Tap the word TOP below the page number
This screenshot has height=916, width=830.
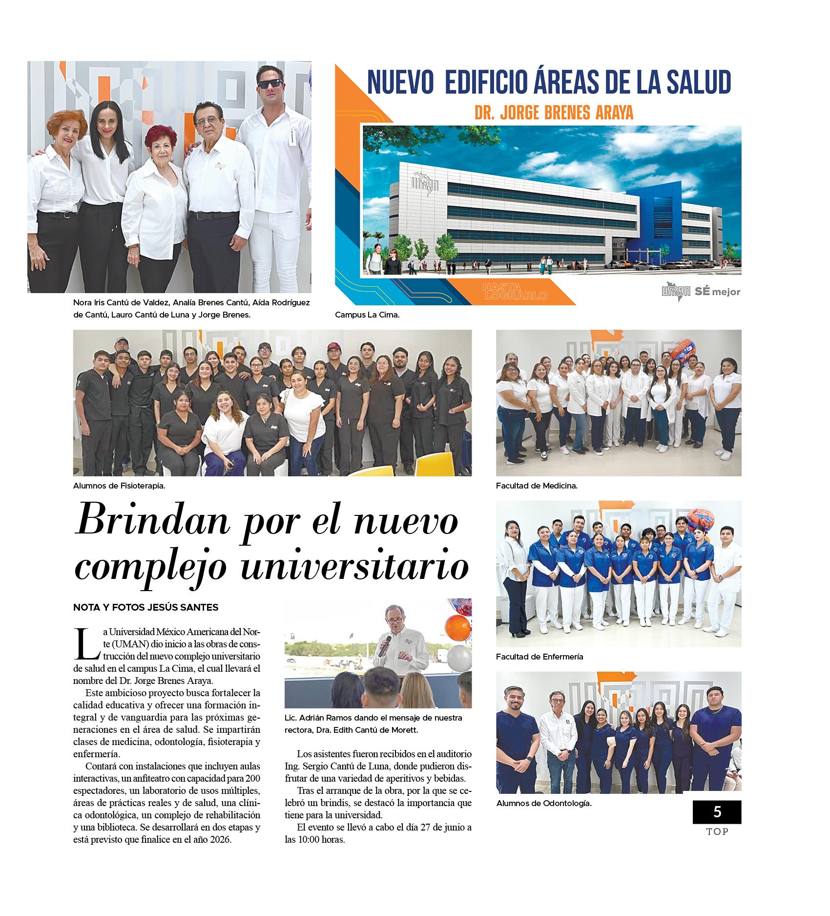pos(717,831)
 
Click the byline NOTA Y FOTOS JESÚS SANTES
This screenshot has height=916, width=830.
pos(145,607)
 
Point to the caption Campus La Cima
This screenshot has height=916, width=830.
pos(367,315)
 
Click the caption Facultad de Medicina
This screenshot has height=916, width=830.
pos(537,486)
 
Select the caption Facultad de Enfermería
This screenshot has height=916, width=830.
pos(539,657)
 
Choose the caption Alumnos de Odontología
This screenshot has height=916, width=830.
pos(544,803)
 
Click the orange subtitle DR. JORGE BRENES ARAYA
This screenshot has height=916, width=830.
pos(554,113)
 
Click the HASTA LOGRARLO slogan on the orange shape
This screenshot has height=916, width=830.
pos(514,291)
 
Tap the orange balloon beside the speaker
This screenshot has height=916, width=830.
pos(457,627)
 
